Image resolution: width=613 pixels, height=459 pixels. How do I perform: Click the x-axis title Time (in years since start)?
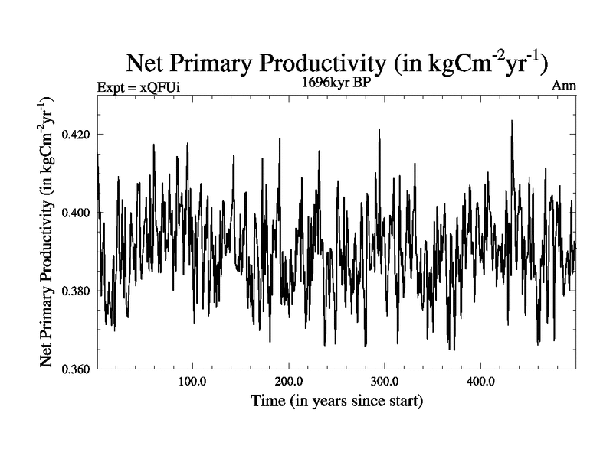[x=336, y=401]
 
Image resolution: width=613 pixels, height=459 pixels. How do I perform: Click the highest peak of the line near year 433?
[x=511, y=121]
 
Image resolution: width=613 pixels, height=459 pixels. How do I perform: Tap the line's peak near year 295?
[x=379, y=130]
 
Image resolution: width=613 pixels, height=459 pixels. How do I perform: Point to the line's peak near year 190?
[x=280, y=139]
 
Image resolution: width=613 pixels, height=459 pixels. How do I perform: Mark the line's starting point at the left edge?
[x=97, y=153]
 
